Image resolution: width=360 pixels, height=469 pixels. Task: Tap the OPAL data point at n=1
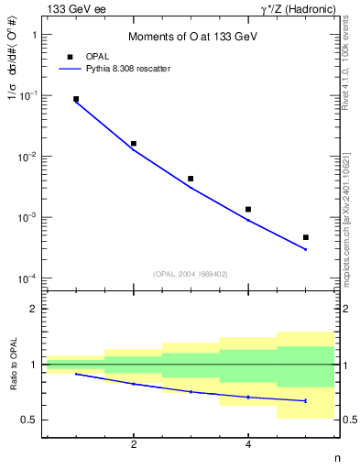[x=76, y=99]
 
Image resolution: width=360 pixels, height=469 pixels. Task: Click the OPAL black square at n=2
[x=134, y=144]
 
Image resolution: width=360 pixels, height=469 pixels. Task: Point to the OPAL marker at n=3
[x=191, y=179]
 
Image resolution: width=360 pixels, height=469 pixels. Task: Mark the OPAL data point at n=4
[x=248, y=210]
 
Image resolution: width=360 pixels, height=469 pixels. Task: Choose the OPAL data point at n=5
[x=306, y=237]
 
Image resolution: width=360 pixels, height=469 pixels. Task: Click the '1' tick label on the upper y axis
[x=35, y=35]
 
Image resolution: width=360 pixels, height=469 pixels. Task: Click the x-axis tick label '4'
[x=248, y=444]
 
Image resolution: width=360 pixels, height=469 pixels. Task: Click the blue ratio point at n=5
[x=306, y=400]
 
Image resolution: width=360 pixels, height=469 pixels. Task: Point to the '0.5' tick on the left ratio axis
[x=29, y=420]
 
